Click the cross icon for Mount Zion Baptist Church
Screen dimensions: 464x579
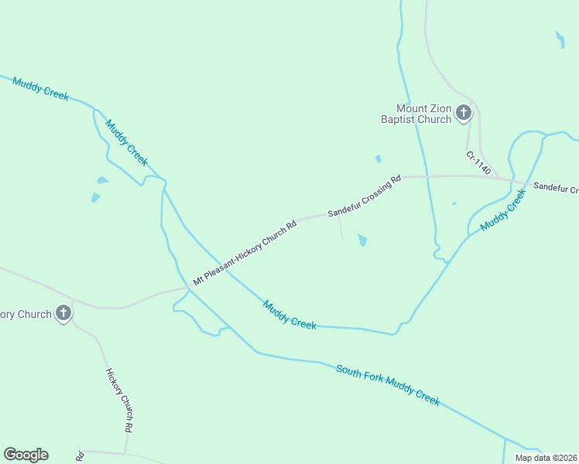coord(463,114)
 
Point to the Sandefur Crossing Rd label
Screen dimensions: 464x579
coord(364,196)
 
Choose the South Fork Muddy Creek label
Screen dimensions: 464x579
coord(388,384)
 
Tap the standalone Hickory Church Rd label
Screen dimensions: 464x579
coord(118,399)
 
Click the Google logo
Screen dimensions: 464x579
coord(26,455)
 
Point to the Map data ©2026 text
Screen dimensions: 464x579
coord(546,458)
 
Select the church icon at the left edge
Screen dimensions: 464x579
coord(63,313)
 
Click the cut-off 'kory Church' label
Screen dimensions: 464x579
coord(25,314)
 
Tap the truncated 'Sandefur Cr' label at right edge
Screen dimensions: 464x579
coord(556,188)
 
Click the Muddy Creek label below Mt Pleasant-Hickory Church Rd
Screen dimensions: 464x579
coord(289,315)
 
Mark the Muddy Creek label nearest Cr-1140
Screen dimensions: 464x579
coord(502,210)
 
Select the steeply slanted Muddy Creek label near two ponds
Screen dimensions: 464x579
coord(126,142)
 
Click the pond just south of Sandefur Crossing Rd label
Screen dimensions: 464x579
coord(362,241)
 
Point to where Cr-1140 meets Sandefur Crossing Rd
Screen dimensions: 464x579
coord(512,180)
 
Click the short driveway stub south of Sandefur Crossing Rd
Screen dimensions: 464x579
coord(341,227)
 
